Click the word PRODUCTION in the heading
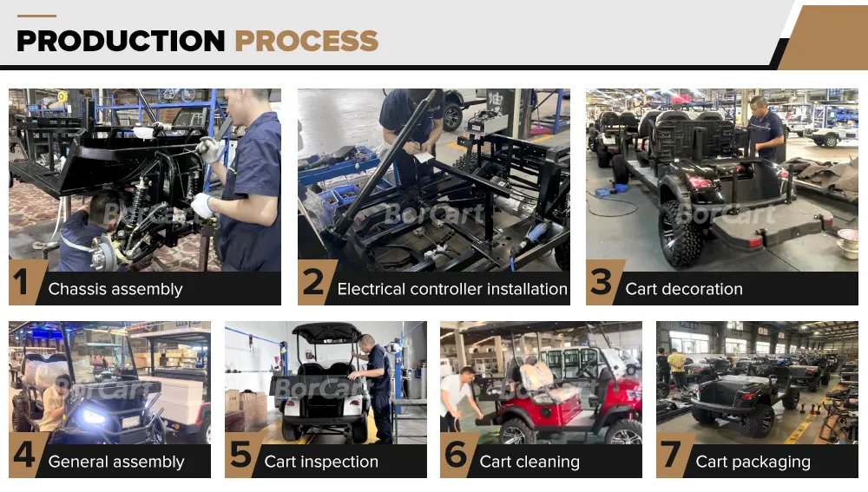121,41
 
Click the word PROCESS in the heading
306,41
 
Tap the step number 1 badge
22,285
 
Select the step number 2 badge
312,285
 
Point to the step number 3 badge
601,285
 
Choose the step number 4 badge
23,456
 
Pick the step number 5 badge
240,456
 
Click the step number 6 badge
455,456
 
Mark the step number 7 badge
671,456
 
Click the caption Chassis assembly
115,290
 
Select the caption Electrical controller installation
452,290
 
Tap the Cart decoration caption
684,290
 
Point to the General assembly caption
116,462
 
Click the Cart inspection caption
321,462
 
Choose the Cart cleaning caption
529,462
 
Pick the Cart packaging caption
753,462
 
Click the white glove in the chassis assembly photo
202,206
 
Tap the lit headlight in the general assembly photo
93,417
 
